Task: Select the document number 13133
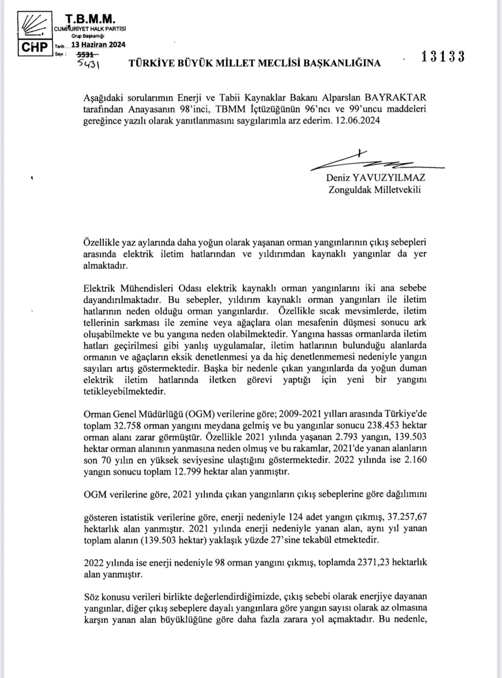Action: tap(443, 57)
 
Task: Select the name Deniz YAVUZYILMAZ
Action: tap(376, 177)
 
